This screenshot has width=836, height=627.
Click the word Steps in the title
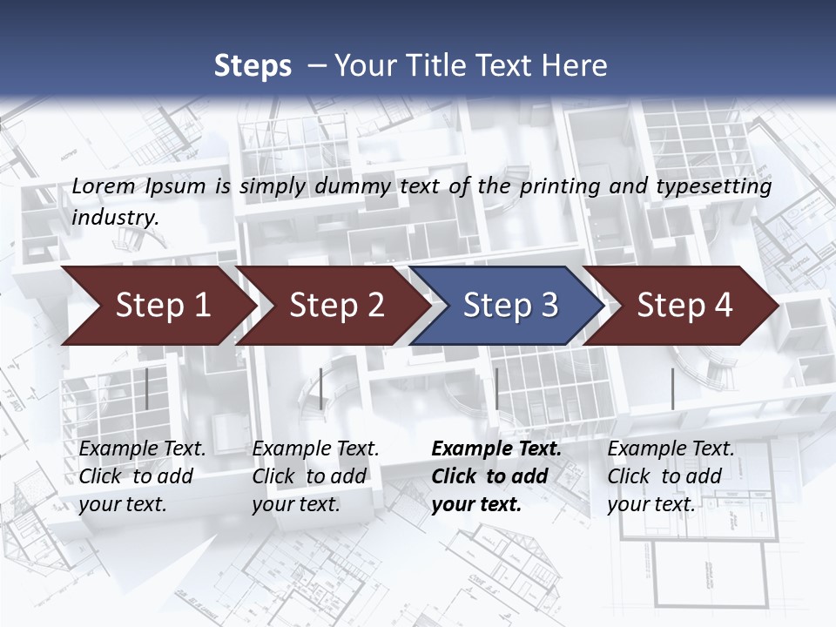(x=253, y=66)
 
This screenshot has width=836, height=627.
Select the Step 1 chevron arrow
(x=162, y=306)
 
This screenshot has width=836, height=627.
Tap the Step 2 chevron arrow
(x=336, y=306)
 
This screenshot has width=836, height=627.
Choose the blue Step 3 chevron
(x=510, y=306)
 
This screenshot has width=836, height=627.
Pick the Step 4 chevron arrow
(x=684, y=306)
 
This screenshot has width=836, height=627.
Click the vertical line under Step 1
(x=147, y=389)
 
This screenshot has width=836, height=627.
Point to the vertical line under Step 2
(x=321, y=389)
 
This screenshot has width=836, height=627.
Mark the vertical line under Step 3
(x=496, y=389)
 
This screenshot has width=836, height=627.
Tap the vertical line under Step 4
(x=672, y=389)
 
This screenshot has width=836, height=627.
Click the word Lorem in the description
(x=104, y=186)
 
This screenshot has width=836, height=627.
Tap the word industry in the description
(x=115, y=218)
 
